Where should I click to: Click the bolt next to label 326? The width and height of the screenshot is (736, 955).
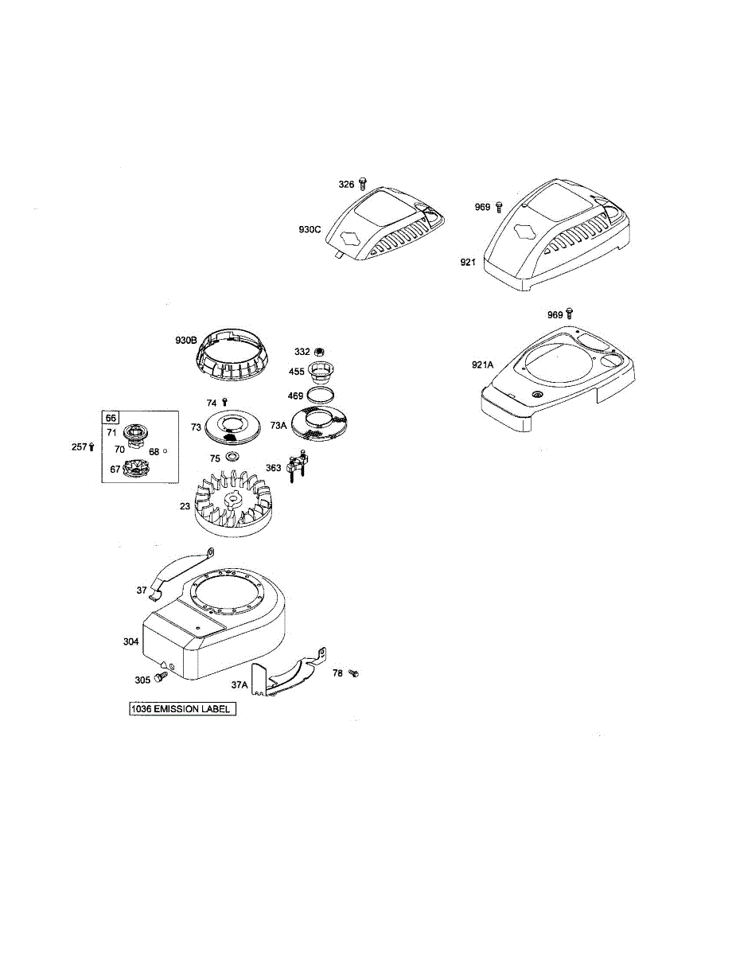(364, 184)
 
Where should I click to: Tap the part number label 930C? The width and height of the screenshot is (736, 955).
(310, 229)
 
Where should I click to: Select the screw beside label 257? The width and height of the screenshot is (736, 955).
(92, 446)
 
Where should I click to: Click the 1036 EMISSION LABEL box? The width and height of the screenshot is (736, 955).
(183, 708)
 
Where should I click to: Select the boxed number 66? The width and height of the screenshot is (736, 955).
(110, 418)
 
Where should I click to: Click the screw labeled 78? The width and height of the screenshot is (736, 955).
(355, 673)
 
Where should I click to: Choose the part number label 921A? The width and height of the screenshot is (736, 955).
(482, 364)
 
